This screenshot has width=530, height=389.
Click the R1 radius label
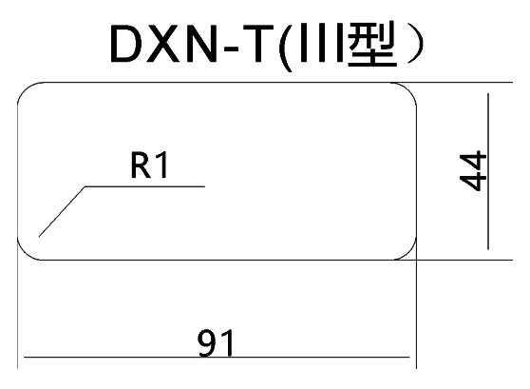(x=149, y=165)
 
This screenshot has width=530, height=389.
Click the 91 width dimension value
(x=216, y=343)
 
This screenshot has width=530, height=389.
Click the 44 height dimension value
(x=473, y=171)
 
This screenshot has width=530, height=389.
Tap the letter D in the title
(x=124, y=44)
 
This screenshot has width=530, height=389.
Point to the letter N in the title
(x=200, y=44)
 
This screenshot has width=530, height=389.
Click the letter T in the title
(x=258, y=44)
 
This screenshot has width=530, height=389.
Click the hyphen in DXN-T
(x=231, y=49)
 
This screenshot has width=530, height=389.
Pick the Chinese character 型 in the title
(x=372, y=43)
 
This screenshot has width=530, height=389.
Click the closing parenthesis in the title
(x=416, y=44)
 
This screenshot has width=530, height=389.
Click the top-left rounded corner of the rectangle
(x=25, y=89)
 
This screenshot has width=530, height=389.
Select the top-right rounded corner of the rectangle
(x=409, y=89)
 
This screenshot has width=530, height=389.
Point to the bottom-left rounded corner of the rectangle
(x=25, y=253)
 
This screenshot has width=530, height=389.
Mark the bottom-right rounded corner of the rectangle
(x=409, y=253)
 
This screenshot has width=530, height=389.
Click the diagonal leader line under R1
(x=62, y=211)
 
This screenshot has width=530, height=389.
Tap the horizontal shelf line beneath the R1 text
(x=144, y=186)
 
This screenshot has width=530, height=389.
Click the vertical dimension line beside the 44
(x=488, y=171)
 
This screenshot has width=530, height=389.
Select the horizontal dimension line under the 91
(x=217, y=357)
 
